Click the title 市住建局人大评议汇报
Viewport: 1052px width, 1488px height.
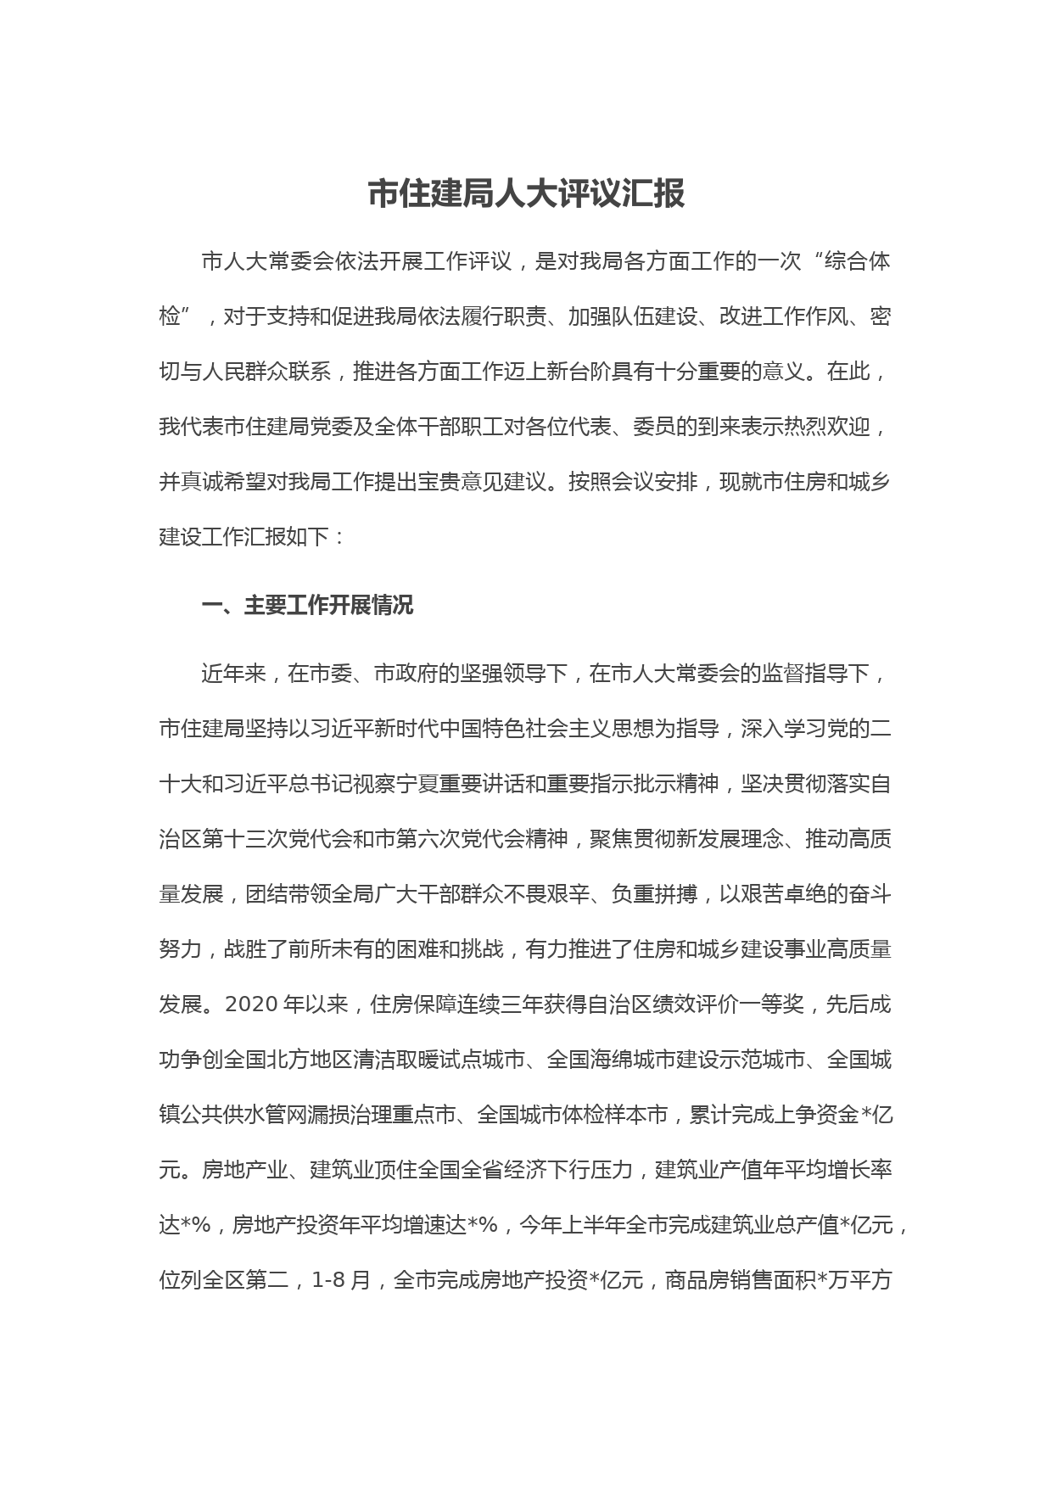coord(526,194)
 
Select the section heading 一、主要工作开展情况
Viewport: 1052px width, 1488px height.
coord(307,605)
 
